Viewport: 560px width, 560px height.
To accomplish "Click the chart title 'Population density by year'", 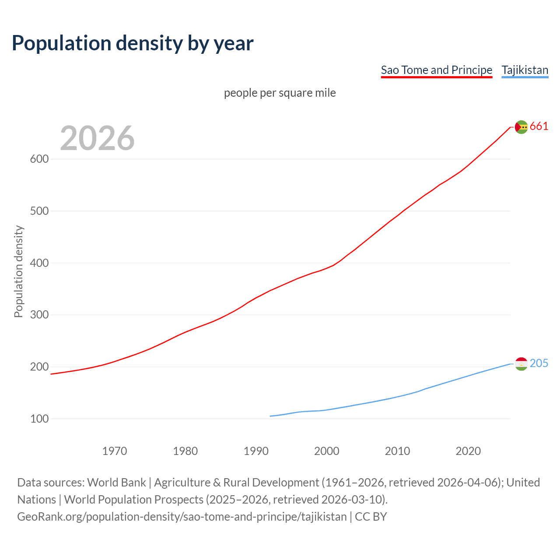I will (x=133, y=43).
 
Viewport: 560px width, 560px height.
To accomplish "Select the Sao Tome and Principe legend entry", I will (x=436, y=70).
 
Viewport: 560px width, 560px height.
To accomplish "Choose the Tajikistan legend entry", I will (x=525, y=70).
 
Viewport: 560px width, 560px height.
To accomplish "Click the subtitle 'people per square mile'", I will (x=280, y=93).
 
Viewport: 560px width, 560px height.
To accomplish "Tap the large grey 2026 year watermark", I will (x=97, y=138).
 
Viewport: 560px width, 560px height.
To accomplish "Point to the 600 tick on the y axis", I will (x=39, y=159).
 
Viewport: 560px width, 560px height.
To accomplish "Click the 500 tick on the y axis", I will (x=39, y=211).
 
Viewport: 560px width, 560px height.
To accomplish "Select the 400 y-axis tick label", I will (x=39, y=263).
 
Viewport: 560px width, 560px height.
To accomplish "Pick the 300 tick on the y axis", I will (x=39, y=315).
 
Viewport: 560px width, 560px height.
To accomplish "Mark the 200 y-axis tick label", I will (x=39, y=367).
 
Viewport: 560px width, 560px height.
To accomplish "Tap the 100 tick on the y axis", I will (x=39, y=419).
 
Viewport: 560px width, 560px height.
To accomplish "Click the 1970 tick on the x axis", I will (x=115, y=451).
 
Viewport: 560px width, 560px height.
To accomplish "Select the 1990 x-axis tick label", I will (x=256, y=451).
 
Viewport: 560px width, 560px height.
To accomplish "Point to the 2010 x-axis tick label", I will (x=397, y=451).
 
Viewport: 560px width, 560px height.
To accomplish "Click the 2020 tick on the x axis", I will (x=468, y=451).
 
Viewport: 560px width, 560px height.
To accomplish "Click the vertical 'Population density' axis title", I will (x=18, y=271).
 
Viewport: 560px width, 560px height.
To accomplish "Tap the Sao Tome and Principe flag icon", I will (x=521, y=127).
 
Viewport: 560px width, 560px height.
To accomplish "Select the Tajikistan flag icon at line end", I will (x=521, y=364).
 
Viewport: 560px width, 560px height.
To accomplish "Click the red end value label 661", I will (x=539, y=126).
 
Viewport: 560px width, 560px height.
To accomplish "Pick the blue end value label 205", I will (x=539, y=364).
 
